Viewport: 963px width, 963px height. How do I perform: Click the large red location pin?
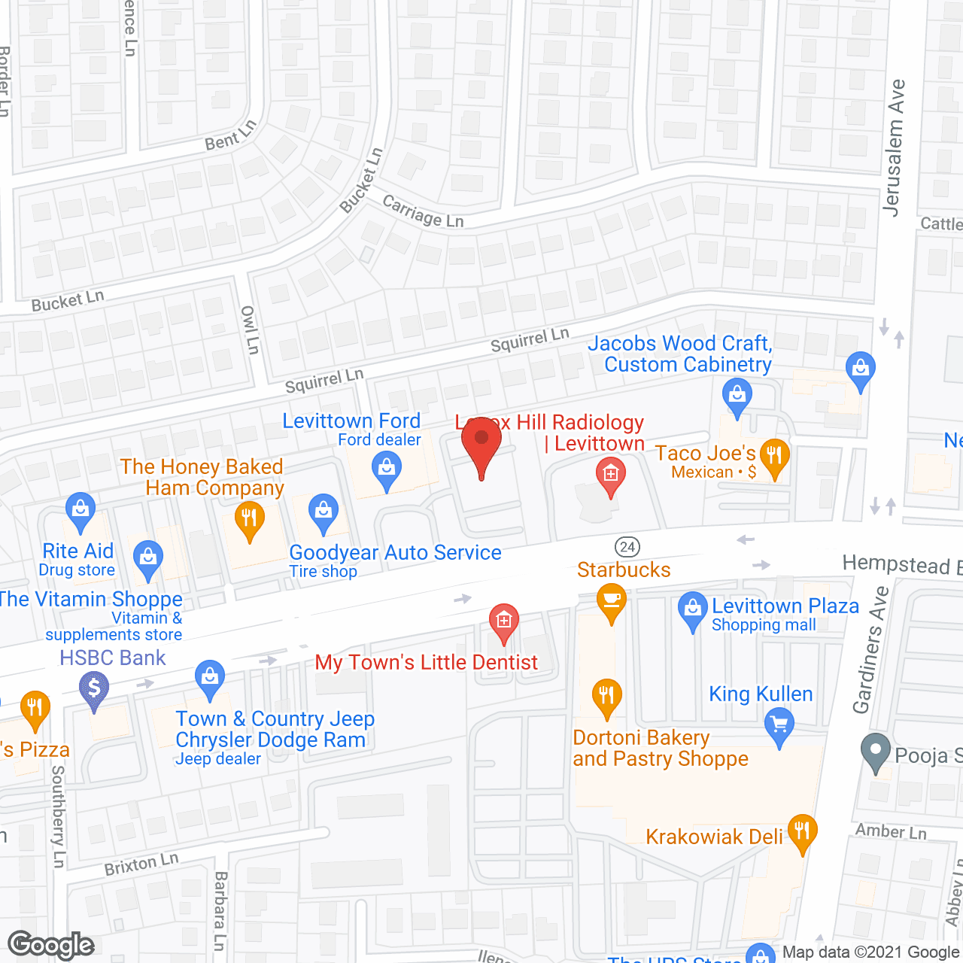[481, 443]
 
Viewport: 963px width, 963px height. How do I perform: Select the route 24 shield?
[627, 547]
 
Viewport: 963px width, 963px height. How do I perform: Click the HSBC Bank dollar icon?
[94, 688]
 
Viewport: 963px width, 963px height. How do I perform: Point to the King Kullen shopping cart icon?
[779, 726]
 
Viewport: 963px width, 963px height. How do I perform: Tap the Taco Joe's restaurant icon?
[773, 456]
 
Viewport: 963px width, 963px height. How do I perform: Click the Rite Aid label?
[78, 551]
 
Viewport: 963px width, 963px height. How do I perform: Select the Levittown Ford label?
[351, 421]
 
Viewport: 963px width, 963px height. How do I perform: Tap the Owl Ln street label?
[250, 330]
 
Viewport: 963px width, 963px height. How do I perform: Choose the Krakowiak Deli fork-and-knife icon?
[802, 831]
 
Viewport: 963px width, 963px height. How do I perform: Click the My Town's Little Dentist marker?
[503, 621]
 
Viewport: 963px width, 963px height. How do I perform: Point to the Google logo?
[51, 945]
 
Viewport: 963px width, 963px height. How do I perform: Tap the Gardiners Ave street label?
[871, 650]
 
